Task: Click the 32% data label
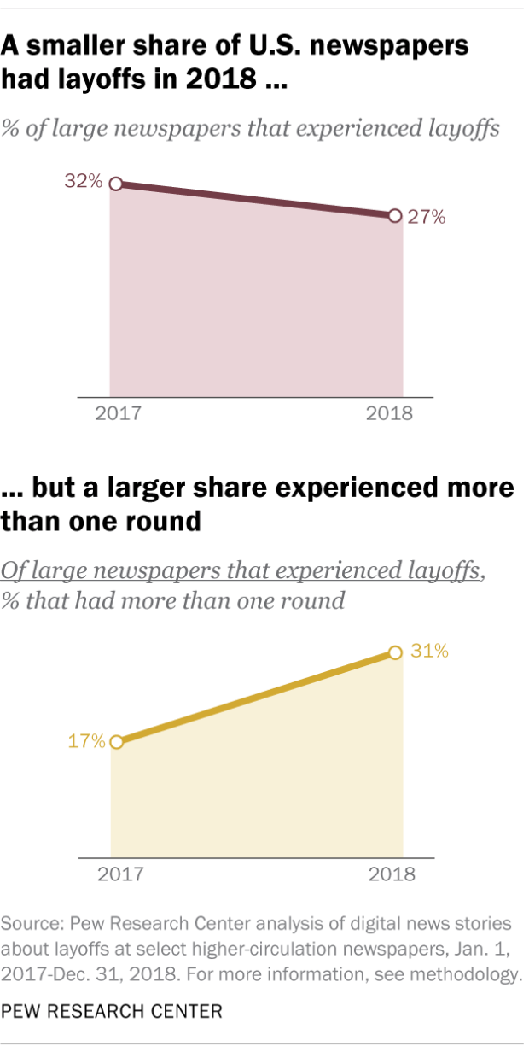pyautogui.click(x=84, y=181)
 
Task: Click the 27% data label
pyautogui.click(x=425, y=217)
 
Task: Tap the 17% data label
pyautogui.click(x=85, y=740)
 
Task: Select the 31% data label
pyautogui.click(x=428, y=652)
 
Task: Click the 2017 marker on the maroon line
pyautogui.click(x=117, y=184)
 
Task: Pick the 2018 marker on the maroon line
pyautogui.click(x=394, y=216)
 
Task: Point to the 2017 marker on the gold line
pyautogui.click(x=117, y=741)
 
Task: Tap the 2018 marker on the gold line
pyautogui.click(x=394, y=652)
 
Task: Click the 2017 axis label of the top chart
pyautogui.click(x=117, y=415)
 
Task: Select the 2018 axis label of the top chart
pyautogui.click(x=390, y=415)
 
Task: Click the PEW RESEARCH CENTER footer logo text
pyautogui.click(x=112, y=1012)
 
